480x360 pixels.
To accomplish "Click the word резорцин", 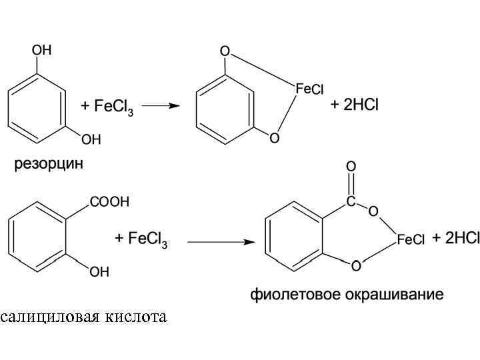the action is (x=49, y=163).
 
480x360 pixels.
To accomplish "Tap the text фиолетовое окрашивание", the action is (x=347, y=294).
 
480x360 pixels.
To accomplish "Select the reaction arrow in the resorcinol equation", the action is (x=161, y=105).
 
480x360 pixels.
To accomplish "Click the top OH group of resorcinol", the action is (x=41, y=50).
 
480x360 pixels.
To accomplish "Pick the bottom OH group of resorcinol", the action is (x=91, y=139).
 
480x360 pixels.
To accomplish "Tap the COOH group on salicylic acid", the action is (x=109, y=202).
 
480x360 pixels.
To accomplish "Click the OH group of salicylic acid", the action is (x=99, y=272).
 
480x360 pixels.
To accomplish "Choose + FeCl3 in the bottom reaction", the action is (x=141, y=239).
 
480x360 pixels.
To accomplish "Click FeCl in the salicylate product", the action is (x=410, y=239).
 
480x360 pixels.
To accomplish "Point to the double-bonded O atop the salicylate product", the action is (x=351, y=165).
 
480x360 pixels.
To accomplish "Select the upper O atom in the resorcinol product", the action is (x=225, y=51).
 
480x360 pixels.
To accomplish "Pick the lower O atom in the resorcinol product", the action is (x=274, y=138).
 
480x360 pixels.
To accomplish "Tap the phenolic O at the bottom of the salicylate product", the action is (x=355, y=267).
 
